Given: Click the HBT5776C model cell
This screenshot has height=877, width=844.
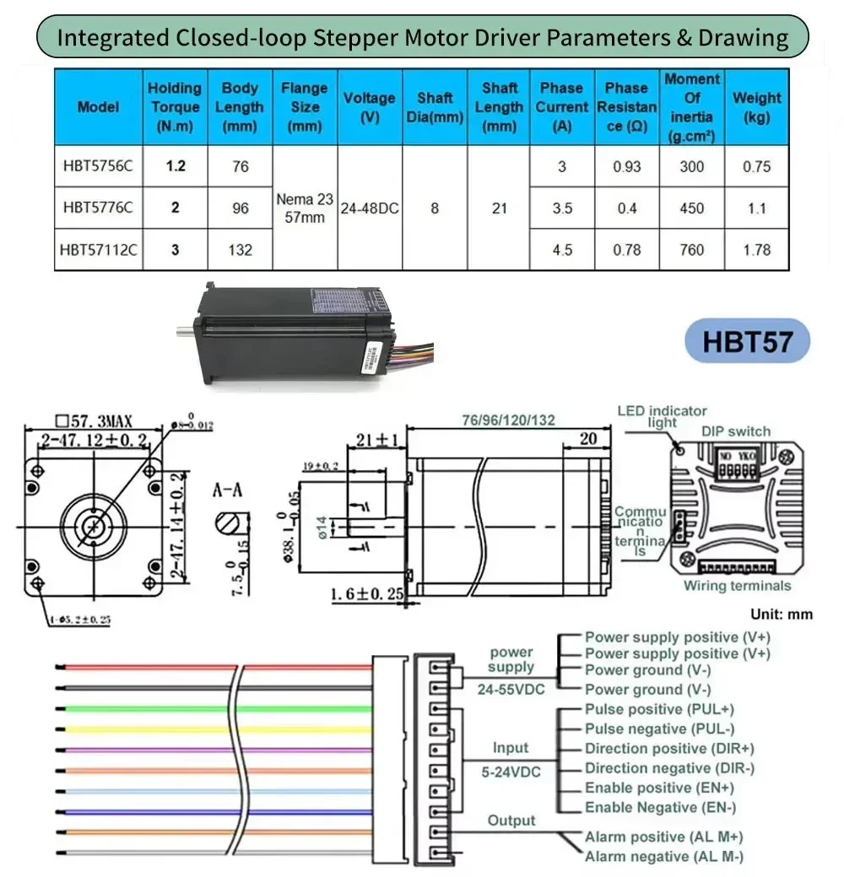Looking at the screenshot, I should [97, 208].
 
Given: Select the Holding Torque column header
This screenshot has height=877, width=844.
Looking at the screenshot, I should [175, 107].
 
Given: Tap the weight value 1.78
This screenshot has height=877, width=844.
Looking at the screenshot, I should [756, 250].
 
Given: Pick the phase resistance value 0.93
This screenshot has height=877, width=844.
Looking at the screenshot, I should [626, 166].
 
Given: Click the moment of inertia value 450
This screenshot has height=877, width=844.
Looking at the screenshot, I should [691, 208].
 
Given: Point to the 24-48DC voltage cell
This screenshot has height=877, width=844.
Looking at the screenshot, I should [370, 208].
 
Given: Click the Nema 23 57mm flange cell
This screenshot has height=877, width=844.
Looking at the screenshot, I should [305, 208].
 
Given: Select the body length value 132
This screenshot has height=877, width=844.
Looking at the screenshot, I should [241, 250].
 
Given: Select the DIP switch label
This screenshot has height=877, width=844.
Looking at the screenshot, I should [736, 431].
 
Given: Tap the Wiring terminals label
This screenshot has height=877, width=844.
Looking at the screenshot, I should [737, 586].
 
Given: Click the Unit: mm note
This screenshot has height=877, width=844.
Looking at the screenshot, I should [782, 614].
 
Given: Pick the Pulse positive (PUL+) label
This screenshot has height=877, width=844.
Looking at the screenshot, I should [659, 709].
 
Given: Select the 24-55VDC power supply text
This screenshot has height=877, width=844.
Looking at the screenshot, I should [511, 688].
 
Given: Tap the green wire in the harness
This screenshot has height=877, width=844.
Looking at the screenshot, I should [211, 708].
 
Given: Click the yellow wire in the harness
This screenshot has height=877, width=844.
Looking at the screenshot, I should [211, 728].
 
